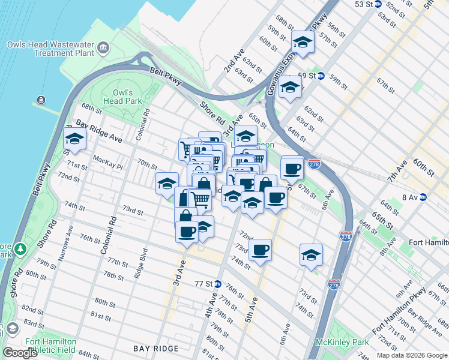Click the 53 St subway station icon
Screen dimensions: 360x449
point(378,4)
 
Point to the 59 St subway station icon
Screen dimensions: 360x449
point(321,76)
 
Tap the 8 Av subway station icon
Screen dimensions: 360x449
point(423,197)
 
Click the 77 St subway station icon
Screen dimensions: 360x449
point(217,283)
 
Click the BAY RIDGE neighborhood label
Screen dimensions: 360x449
point(157,349)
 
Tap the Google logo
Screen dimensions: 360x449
point(20,353)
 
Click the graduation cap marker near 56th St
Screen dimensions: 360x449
point(303,42)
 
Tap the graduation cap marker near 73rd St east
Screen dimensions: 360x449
point(311,254)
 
